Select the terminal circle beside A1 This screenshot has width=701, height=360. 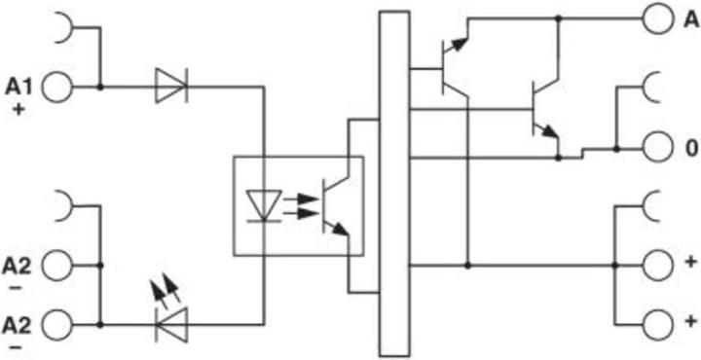[57, 87]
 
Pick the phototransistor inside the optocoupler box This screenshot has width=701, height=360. [332, 205]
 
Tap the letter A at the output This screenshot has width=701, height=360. [687, 18]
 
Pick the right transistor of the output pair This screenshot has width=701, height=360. [543, 109]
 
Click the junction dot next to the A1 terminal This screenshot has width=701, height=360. [101, 87]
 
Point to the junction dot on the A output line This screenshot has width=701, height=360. [558, 18]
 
